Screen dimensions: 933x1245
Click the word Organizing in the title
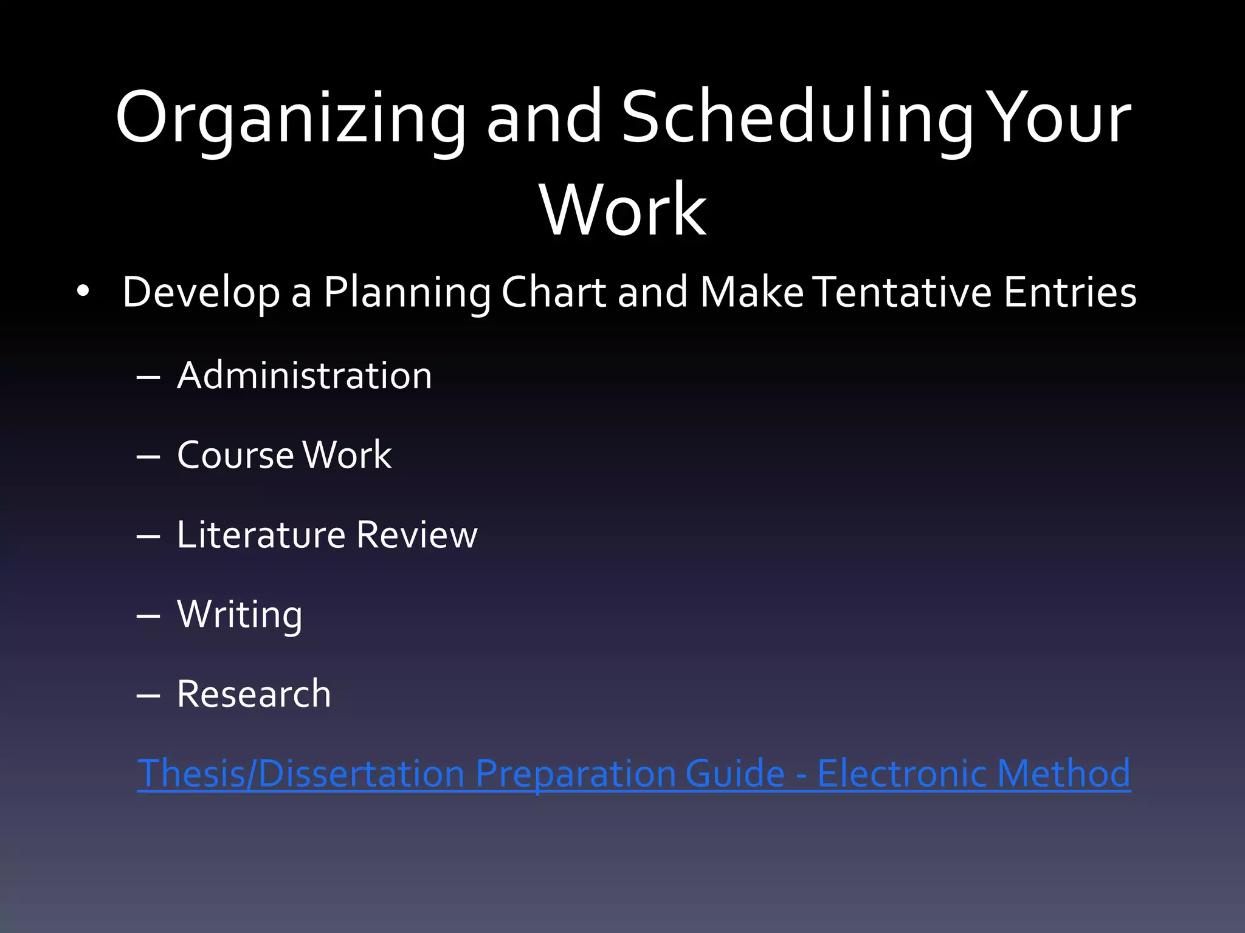point(291,118)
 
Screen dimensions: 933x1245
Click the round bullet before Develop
point(83,292)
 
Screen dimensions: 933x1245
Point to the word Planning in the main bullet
point(407,293)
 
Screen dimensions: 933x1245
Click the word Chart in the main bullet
point(554,292)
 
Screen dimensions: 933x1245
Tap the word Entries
point(1070,292)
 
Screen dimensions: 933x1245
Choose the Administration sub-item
point(304,375)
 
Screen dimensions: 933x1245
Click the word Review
point(417,535)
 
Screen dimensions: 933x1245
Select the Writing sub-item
point(240,614)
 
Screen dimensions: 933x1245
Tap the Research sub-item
point(253,694)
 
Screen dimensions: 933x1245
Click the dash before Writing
point(148,616)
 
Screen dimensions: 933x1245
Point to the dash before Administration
point(148,377)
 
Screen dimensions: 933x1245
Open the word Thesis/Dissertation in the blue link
point(301,773)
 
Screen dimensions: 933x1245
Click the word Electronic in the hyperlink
point(902,773)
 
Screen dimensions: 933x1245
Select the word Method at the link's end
point(1064,773)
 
